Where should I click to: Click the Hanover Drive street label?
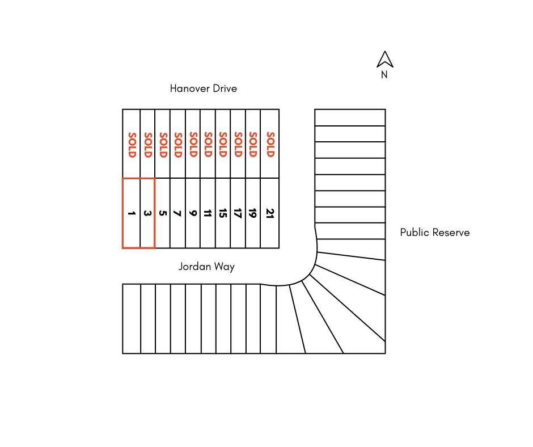pyautogui.click(x=203, y=88)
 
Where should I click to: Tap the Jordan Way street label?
pyautogui.click(x=206, y=267)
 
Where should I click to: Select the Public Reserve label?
pyautogui.click(x=434, y=233)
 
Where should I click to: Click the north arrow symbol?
pyautogui.click(x=385, y=59)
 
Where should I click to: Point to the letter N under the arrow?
pyautogui.click(x=384, y=75)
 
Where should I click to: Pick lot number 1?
pyautogui.click(x=132, y=214)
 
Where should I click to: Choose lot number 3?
pyautogui.click(x=147, y=214)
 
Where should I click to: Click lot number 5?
pyautogui.click(x=163, y=214)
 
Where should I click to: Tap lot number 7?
pyautogui.click(x=177, y=214)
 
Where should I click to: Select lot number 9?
pyautogui.click(x=193, y=214)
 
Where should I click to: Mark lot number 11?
pyautogui.click(x=208, y=214)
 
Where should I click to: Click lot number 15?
pyautogui.click(x=223, y=214)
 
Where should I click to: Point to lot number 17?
pyautogui.click(x=238, y=214)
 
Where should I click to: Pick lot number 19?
pyautogui.click(x=253, y=214)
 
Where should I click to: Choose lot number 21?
pyautogui.click(x=270, y=214)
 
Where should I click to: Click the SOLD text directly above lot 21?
pyautogui.click(x=270, y=144)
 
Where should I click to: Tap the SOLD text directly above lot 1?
pyautogui.click(x=132, y=144)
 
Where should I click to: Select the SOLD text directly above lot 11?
pyautogui.click(x=208, y=144)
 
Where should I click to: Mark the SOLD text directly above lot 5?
pyautogui.click(x=163, y=144)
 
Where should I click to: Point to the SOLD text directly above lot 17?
pyautogui.click(x=238, y=144)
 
